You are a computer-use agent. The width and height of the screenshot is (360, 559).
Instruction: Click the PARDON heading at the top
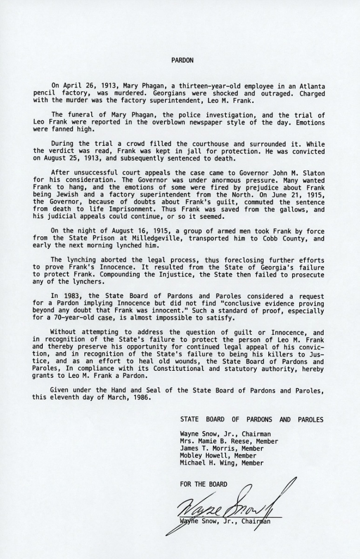pos(180,60)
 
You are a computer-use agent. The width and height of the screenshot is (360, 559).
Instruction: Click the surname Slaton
pos(312,173)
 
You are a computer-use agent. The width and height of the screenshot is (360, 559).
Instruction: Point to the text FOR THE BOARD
pos(204,484)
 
